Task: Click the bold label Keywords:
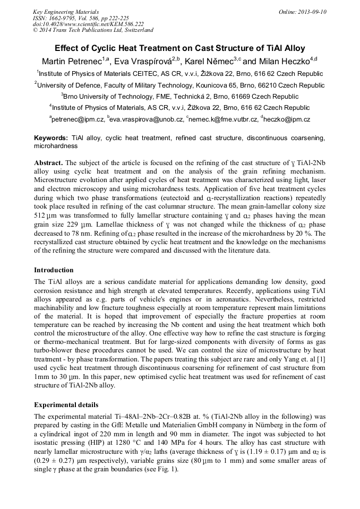pos(51,138)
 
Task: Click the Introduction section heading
pos(54,270)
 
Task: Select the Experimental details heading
pos(66,404)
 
